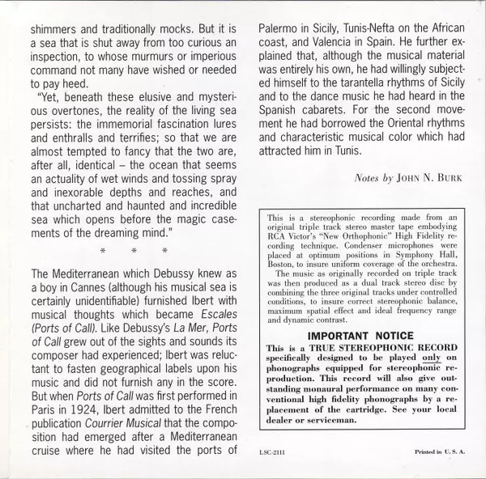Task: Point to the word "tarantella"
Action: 399,89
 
